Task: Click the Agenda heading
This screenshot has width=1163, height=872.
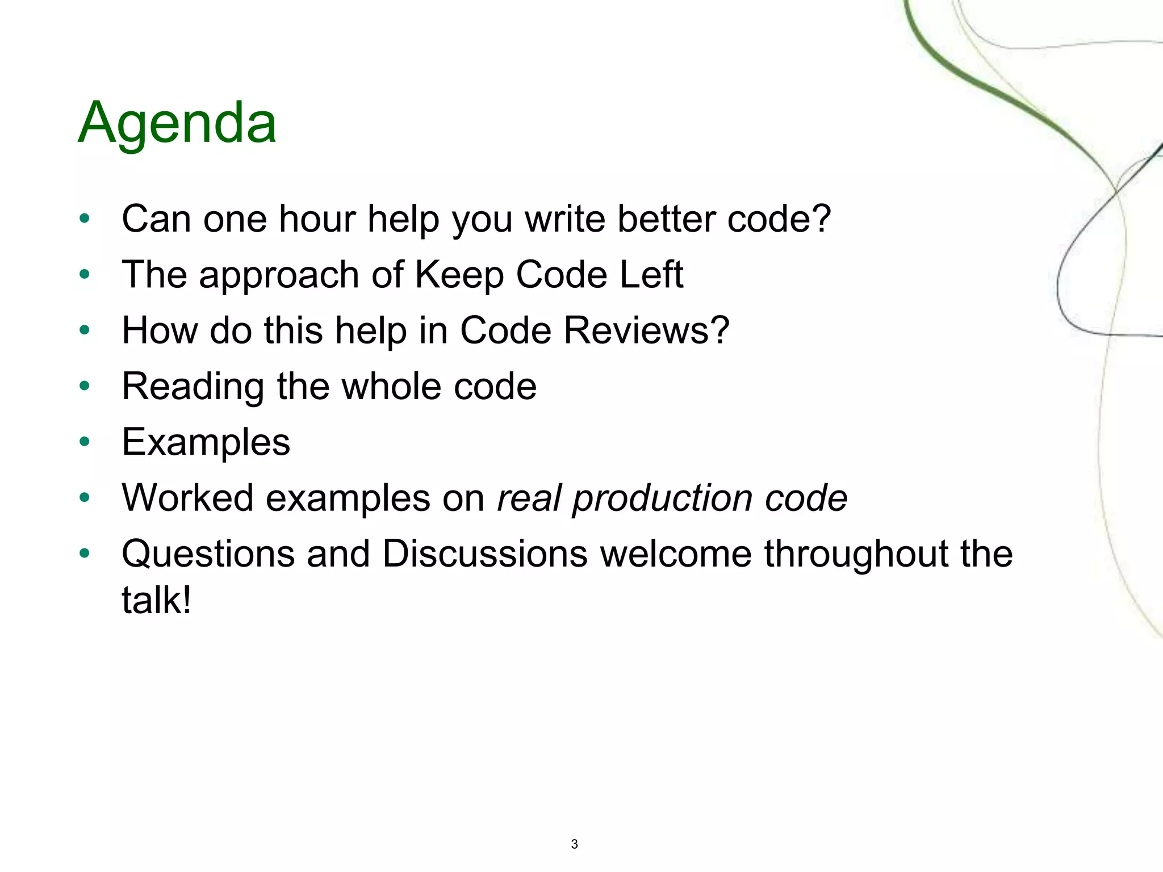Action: (177, 123)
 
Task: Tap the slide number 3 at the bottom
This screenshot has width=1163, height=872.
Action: (574, 844)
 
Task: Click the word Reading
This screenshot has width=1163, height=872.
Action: (193, 387)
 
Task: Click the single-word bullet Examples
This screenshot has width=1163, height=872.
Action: (206, 442)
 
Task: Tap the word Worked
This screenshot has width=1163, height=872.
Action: (187, 498)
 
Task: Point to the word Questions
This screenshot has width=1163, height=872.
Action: (208, 554)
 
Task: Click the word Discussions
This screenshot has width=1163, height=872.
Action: (485, 554)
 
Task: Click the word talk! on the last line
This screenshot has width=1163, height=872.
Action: (157, 600)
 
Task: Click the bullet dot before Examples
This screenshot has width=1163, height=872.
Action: (85, 442)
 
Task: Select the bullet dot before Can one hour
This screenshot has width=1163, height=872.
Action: (85, 219)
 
